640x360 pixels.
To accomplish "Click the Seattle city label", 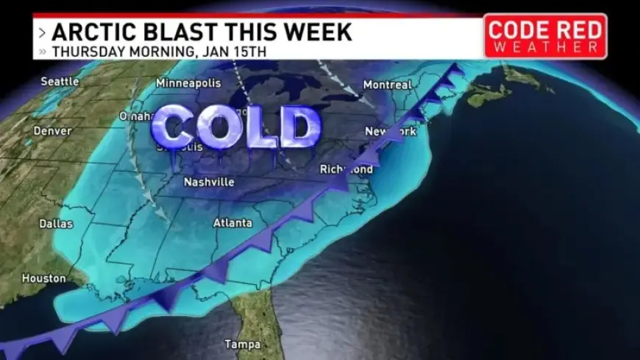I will pyautogui.click(x=60, y=81).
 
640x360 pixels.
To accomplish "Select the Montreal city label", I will pyautogui.click(x=387, y=85).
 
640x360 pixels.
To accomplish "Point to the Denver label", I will pyautogui.click(x=52, y=131).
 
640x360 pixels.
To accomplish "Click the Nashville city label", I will pyautogui.click(x=209, y=182).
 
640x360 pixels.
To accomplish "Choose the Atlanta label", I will pyautogui.click(x=232, y=222).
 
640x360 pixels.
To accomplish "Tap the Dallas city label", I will pyautogui.click(x=57, y=223).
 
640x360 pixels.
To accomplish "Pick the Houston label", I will pyautogui.click(x=44, y=278).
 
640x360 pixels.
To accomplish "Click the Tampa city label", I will pyautogui.click(x=242, y=344).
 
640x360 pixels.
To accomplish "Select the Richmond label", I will pyautogui.click(x=346, y=169).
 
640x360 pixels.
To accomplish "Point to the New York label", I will pyautogui.click(x=391, y=132).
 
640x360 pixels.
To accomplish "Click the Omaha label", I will pyautogui.click(x=135, y=116).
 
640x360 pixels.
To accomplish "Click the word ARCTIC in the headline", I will pyautogui.click(x=90, y=32).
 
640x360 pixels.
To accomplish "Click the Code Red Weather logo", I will pyautogui.click(x=545, y=35).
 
